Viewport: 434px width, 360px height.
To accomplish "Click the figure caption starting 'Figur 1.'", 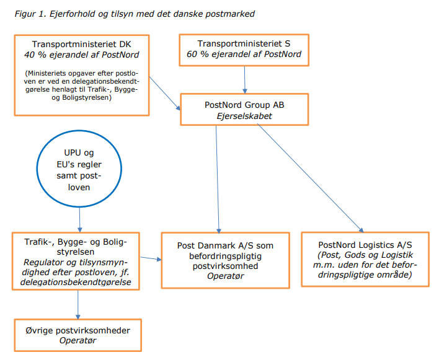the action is [135, 14].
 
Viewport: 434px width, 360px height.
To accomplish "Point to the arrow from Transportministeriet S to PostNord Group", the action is [245, 80].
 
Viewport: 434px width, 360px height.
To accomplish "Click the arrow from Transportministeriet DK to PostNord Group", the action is [165, 94].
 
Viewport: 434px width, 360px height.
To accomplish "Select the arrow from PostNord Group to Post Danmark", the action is [218, 180].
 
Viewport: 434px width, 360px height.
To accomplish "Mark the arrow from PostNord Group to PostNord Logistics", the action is [310, 178].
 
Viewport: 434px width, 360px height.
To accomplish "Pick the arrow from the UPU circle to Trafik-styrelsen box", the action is [80, 220].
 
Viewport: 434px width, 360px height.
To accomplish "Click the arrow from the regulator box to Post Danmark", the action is [151, 258].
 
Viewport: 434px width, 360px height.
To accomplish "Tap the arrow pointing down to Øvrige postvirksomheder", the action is [77, 305].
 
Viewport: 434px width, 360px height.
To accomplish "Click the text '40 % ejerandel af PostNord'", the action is [82, 55].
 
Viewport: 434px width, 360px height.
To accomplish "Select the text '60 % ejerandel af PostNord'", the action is [244, 54].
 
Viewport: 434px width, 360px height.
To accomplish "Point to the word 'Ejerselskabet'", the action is [244, 116].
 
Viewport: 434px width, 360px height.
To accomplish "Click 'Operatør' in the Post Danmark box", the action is [225, 276].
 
